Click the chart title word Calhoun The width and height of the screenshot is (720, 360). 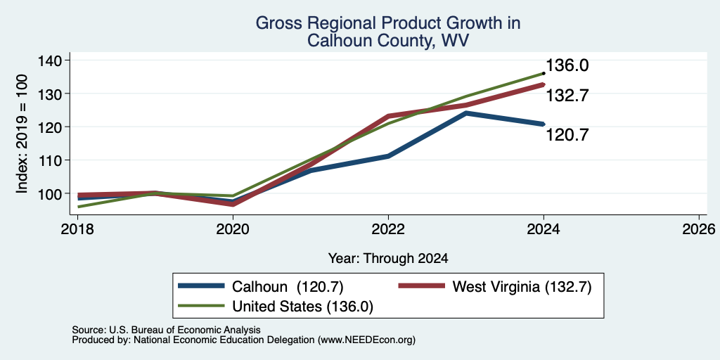(x=335, y=40)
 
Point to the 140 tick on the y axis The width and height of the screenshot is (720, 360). (x=56, y=60)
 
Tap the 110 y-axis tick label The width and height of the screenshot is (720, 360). (x=56, y=160)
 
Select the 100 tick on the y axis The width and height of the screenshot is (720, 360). (x=56, y=193)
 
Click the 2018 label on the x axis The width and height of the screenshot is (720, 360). (x=77, y=229)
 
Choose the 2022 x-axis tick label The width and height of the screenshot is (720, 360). (x=388, y=229)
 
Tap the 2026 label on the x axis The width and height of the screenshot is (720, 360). (x=699, y=229)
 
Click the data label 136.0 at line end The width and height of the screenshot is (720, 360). (x=567, y=65)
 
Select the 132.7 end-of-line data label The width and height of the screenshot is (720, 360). (x=567, y=96)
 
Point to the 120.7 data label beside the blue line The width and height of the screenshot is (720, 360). (x=567, y=135)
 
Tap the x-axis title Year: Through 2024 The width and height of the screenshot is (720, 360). (x=388, y=259)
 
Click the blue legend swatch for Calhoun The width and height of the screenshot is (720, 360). (x=202, y=286)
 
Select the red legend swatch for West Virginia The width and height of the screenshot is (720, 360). (x=422, y=286)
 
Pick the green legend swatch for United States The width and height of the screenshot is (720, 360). (x=202, y=305)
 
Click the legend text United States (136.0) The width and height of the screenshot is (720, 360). (x=302, y=307)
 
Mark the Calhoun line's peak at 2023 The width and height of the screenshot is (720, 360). (x=465, y=112)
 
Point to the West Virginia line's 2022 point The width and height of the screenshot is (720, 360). (x=388, y=116)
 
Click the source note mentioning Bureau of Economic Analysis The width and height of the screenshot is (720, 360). (x=166, y=330)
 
